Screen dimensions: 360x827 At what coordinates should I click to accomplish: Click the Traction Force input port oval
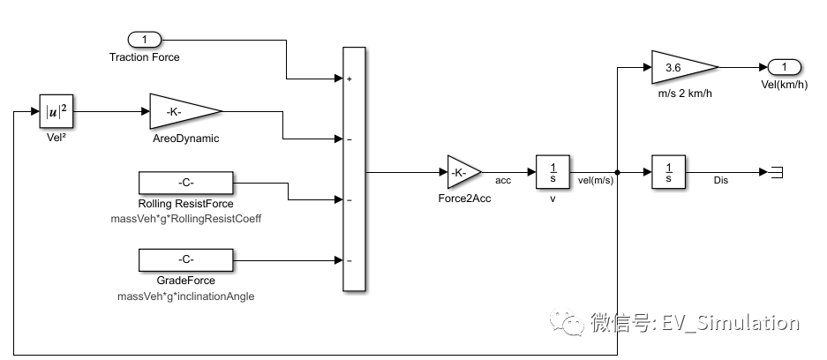click(145, 40)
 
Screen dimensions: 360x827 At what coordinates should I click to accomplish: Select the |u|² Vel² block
click(56, 112)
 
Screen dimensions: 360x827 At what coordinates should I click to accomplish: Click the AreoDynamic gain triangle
click(181, 111)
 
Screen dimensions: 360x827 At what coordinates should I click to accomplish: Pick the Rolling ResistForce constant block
click(185, 184)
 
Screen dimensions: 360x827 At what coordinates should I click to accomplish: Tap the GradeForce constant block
click(185, 259)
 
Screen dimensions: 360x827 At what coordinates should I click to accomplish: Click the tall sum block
click(353, 169)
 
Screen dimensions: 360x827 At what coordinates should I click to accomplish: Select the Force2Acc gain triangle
click(462, 173)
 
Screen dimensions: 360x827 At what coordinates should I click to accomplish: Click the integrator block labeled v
click(552, 172)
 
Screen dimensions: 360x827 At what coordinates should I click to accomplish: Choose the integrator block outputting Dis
click(668, 172)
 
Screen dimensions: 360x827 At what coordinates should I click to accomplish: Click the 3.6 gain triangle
click(680, 66)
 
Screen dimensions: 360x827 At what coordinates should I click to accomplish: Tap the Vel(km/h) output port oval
click(784, 66)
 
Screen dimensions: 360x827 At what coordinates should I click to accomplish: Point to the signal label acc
click(504, 180)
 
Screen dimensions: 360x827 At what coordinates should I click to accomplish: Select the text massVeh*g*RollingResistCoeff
click(186, 218)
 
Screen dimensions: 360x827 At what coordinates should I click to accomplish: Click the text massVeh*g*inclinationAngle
click(185, 296)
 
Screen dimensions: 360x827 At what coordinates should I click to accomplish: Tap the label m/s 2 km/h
click(684, 94)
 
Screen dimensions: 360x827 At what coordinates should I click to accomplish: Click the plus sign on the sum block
click(350, 79)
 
